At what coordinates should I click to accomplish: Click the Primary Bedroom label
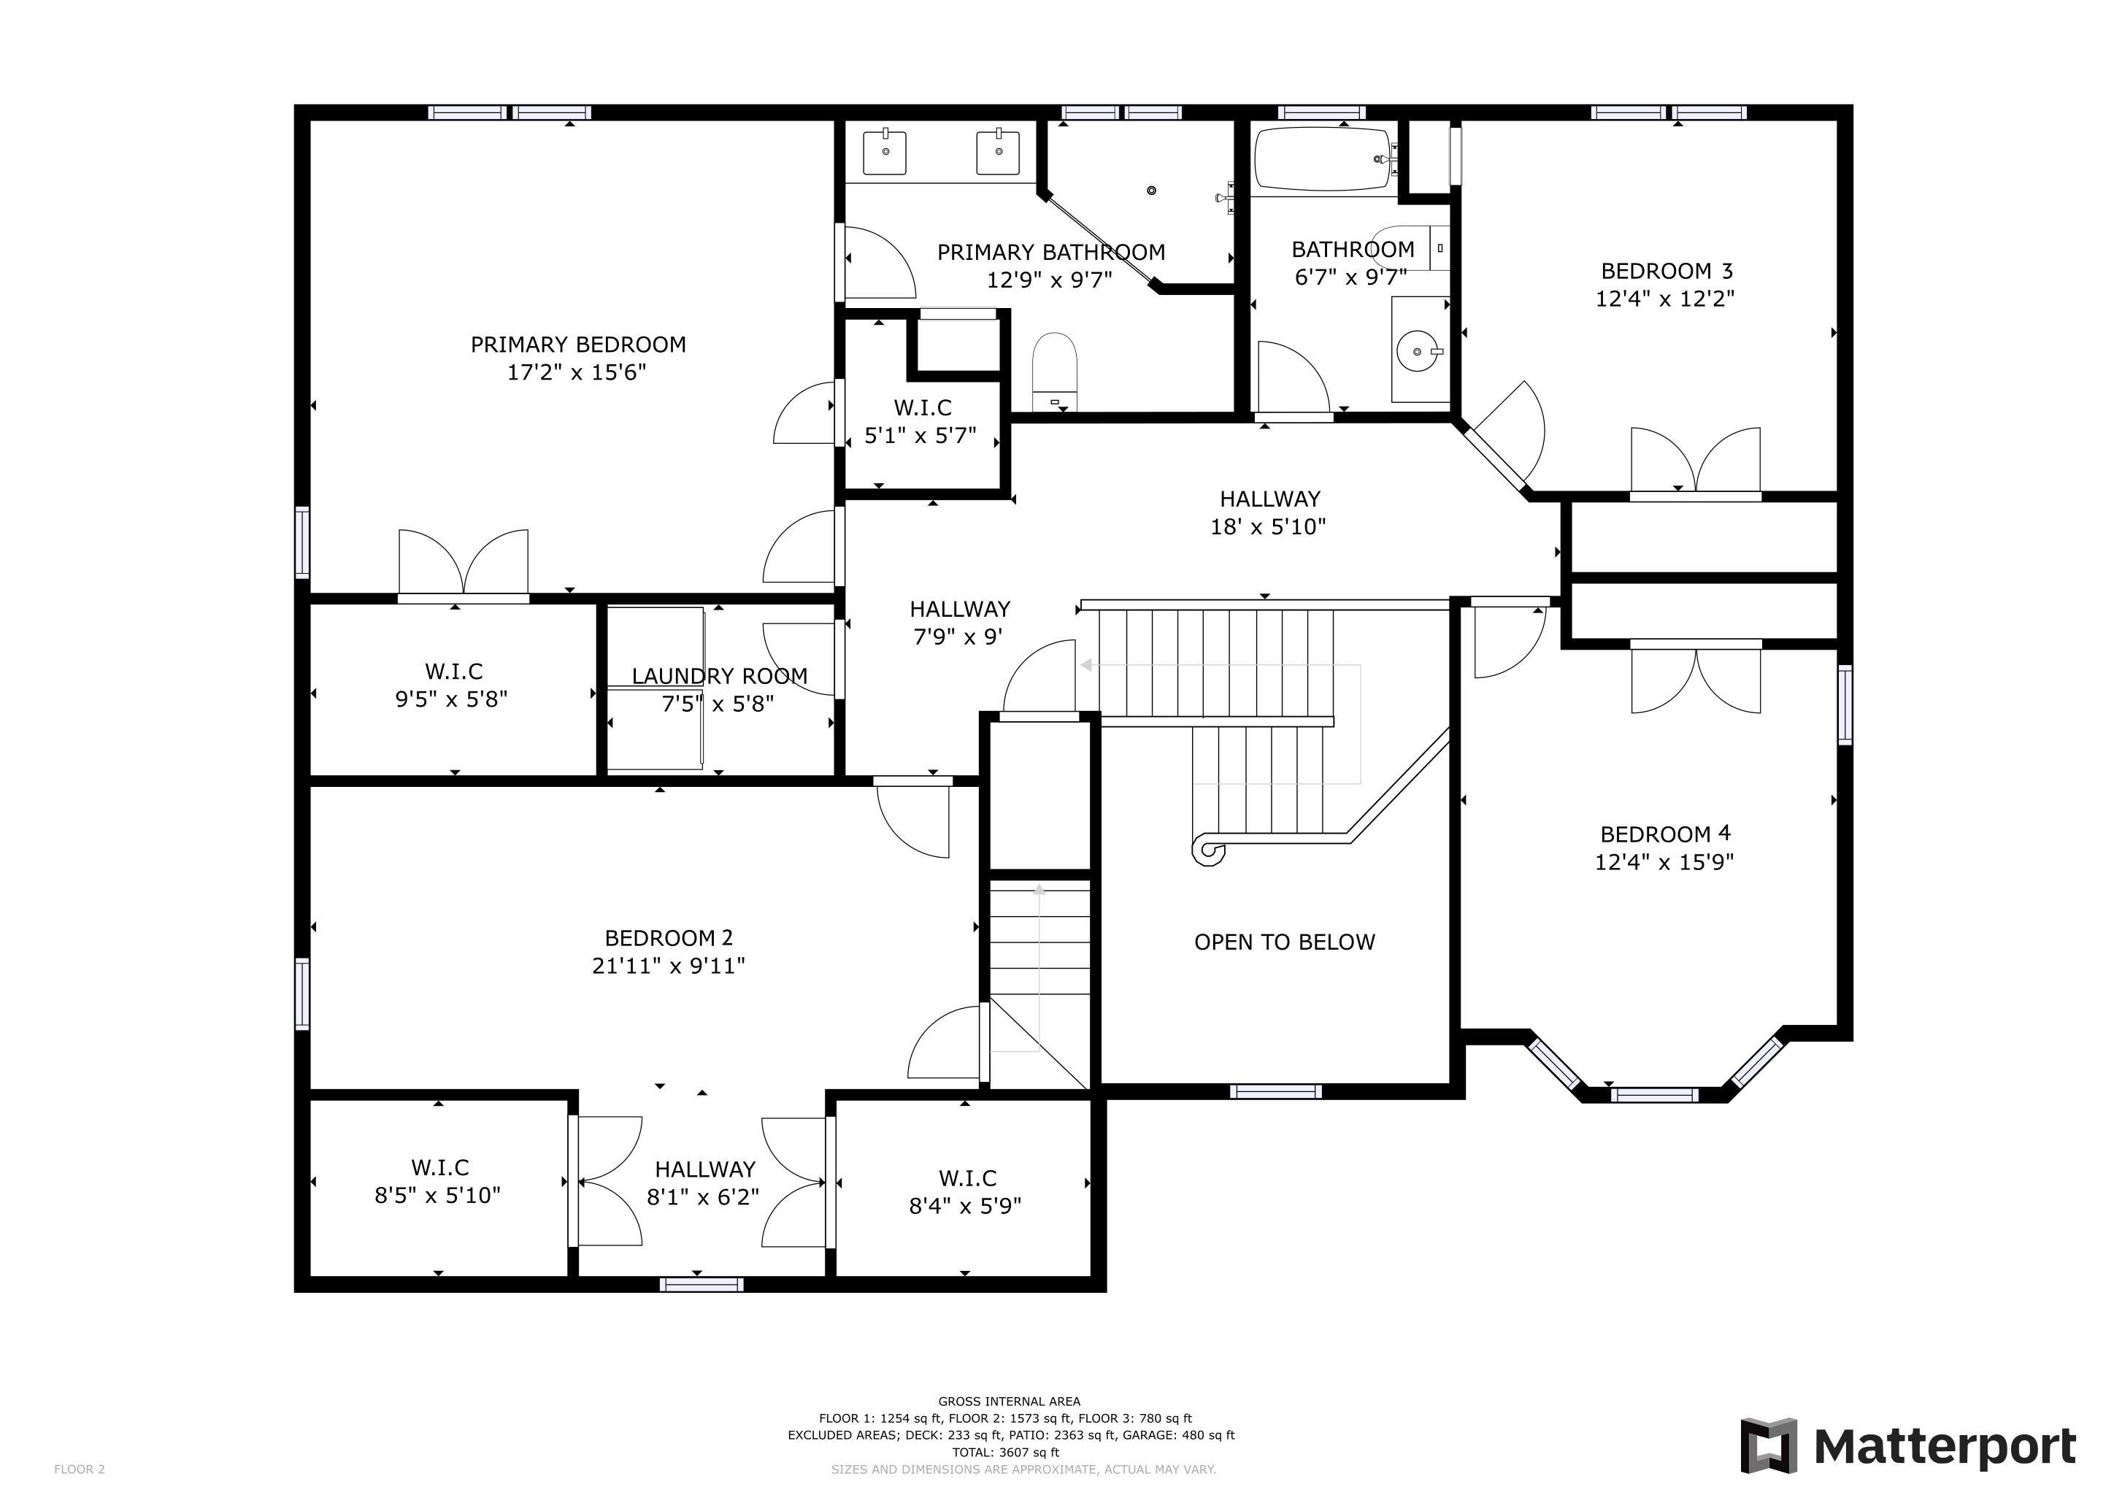(578, 345)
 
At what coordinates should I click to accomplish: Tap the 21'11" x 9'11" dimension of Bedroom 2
(669, 966)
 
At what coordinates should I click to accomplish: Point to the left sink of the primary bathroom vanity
(885, 153)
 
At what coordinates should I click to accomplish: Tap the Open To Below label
(1285, 942)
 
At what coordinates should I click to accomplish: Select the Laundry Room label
(719, 677)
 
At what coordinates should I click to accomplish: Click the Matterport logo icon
(1769, 1446)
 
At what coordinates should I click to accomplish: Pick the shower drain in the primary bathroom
(1151, 191)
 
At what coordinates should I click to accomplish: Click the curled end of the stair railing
(1207, 850)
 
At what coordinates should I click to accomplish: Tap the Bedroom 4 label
(1664, 834)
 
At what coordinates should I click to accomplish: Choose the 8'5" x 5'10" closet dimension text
(437, 1195)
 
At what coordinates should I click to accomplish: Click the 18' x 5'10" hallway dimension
(1268, 526)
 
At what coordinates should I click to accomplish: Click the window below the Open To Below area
(1275, 1092)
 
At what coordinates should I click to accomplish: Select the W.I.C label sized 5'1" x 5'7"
(922, 408)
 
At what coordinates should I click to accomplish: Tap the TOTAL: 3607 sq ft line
(1005, 1453)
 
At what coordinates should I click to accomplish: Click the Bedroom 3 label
(1667, 272)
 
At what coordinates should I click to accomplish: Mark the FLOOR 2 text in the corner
(79, 1469)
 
